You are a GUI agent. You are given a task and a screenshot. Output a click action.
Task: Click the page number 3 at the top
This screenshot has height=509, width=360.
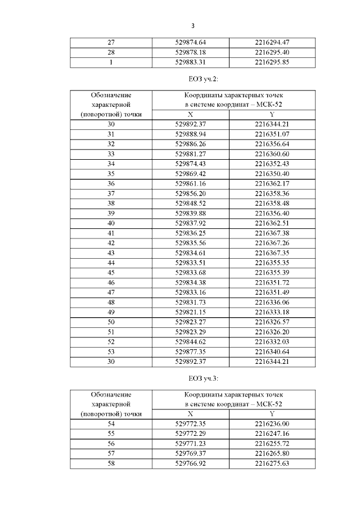pyautogui.click(x=192, y=26)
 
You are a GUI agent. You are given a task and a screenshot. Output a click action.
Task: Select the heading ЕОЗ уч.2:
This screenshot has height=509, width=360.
pyautogui.click(x=192, y=78)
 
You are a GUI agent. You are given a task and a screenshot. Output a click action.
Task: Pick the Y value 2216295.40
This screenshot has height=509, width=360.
pyautogui.click(x=272, y=52)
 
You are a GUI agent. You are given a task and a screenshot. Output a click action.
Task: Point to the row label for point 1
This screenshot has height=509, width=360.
pyautogui.click(x=111, y=62)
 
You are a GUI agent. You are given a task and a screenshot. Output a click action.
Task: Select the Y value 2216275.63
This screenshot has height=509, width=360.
pyautogui.click(x=272, y=463)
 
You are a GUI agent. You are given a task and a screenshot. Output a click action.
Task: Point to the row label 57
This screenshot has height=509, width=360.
pyautogui.click(x=111, y=453)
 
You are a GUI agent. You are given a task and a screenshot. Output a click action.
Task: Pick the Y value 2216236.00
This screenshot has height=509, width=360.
pyautogui.click(x=272, y=423)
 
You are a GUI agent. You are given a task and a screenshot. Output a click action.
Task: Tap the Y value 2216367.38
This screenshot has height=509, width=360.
pyautogui.click(x=272, y=233)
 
